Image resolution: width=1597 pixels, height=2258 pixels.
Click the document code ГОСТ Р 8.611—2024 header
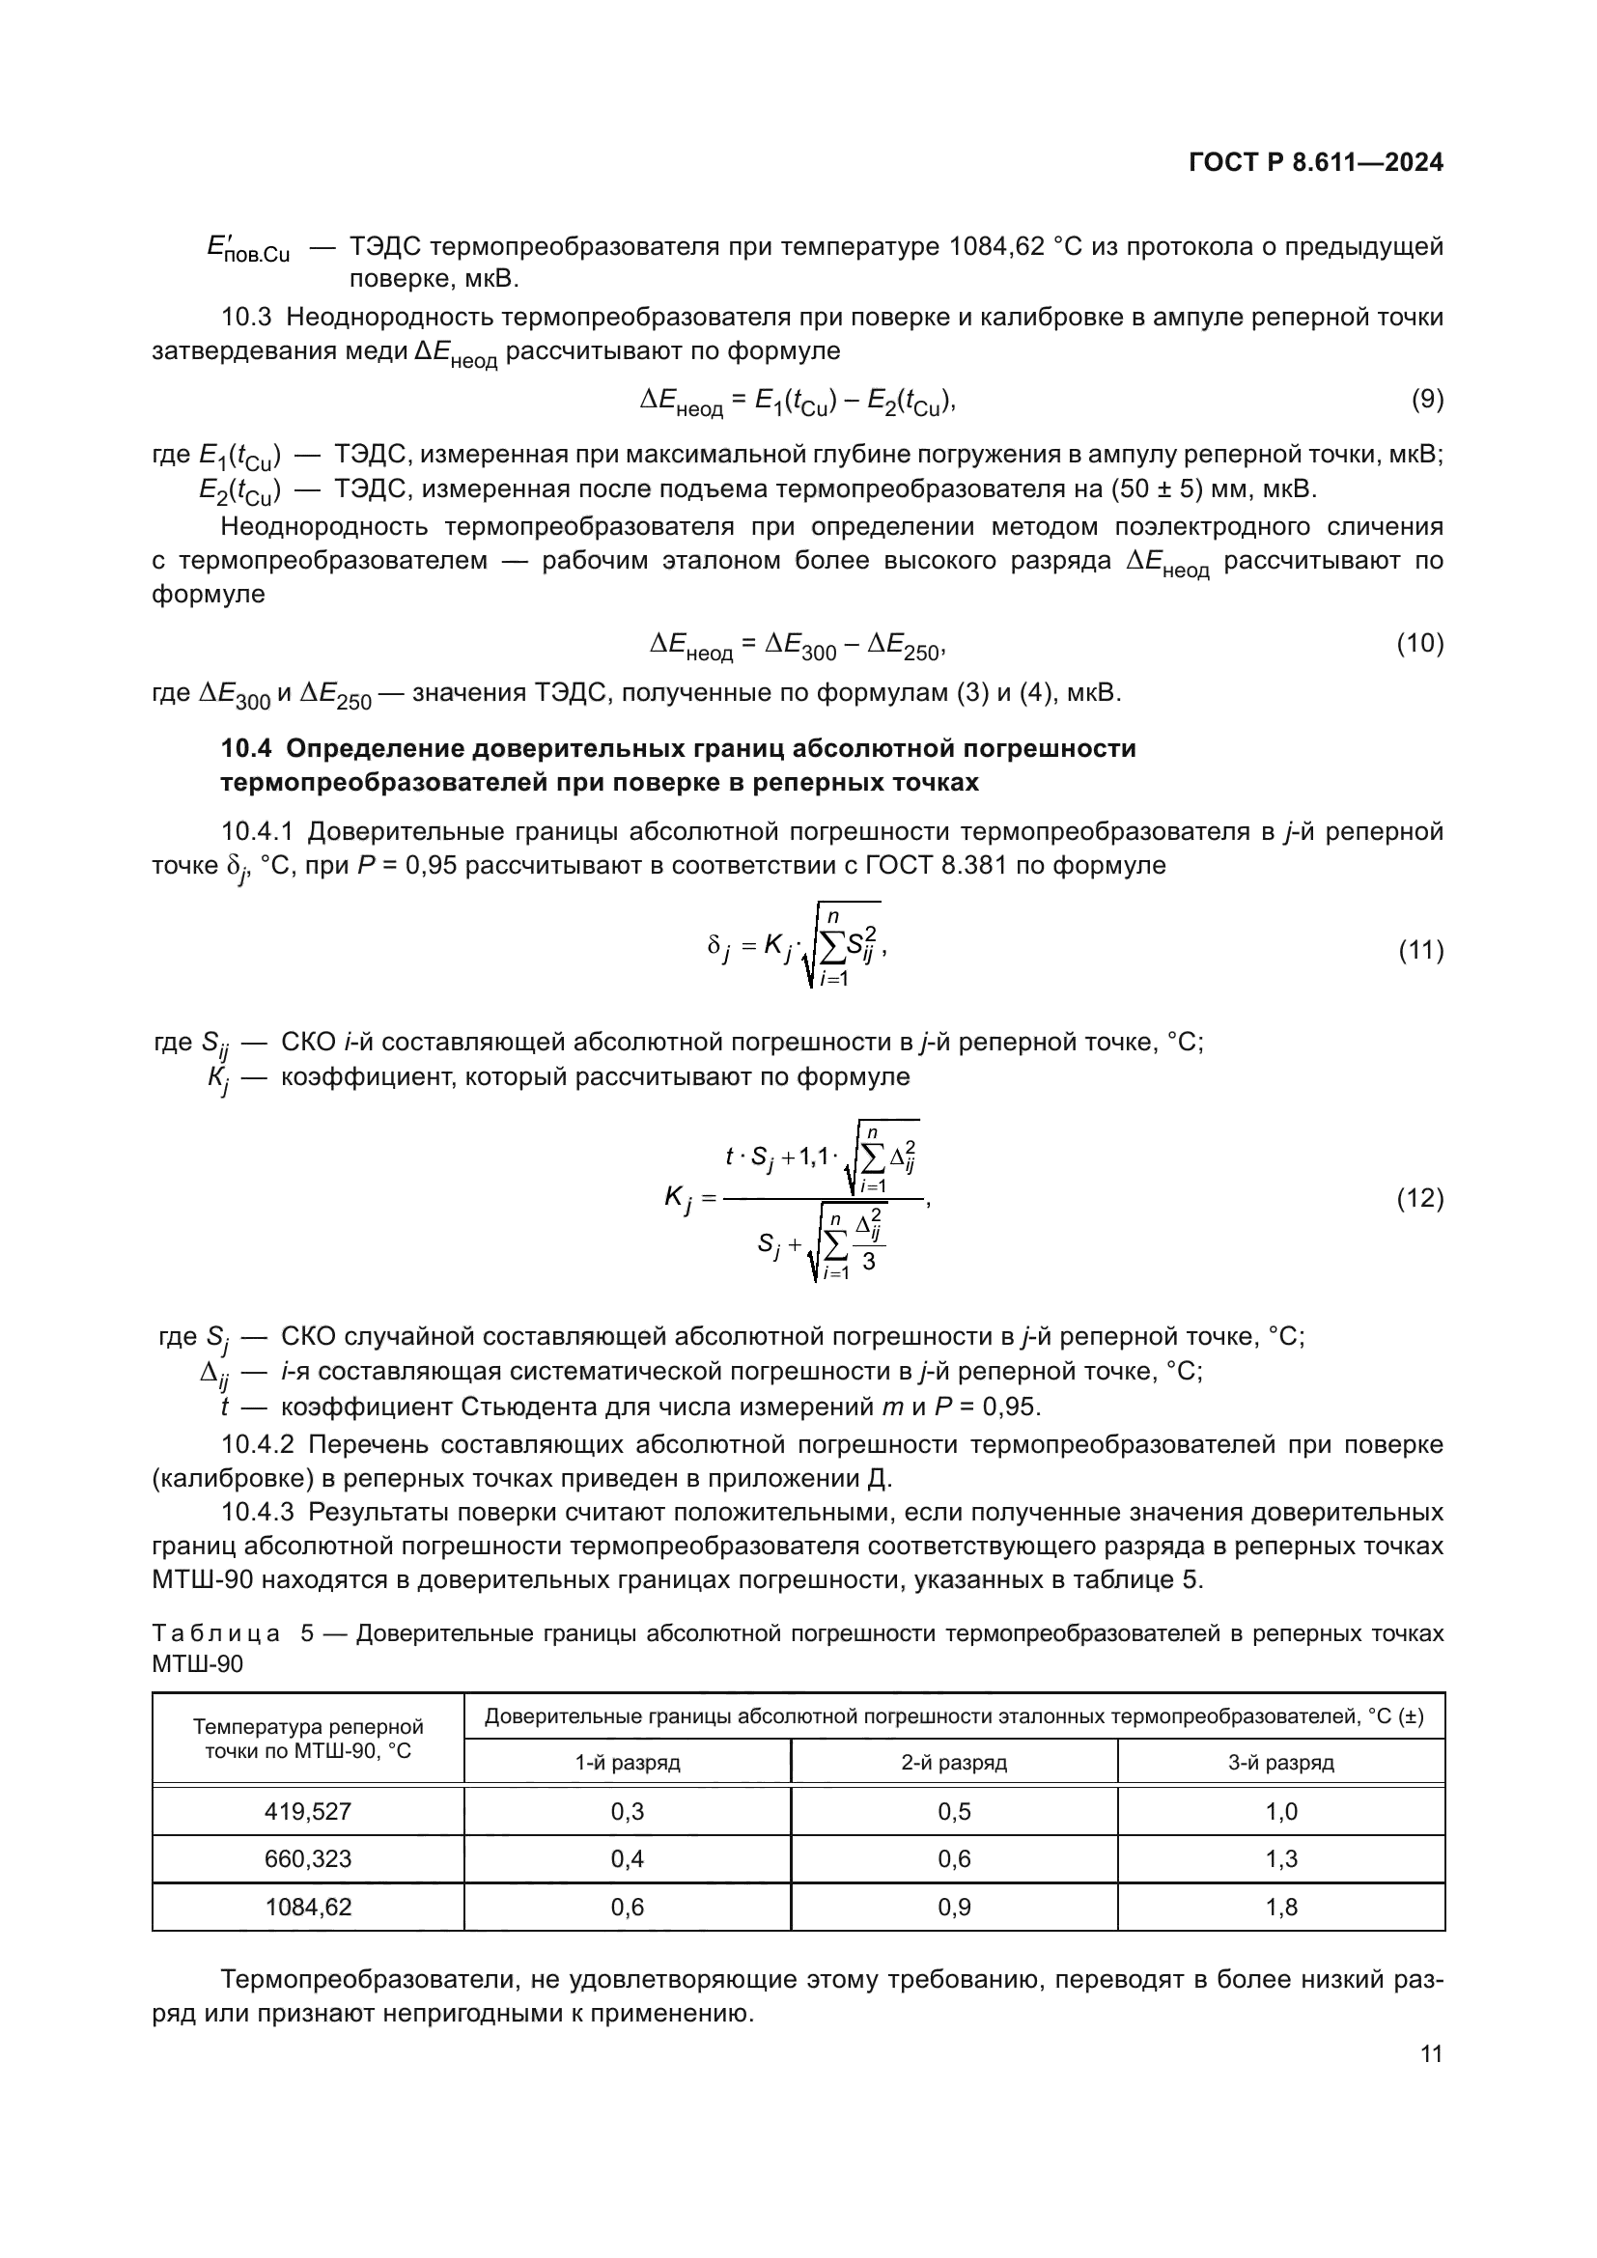point(1316,162)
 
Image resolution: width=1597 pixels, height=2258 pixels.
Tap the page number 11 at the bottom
point(1431,2053)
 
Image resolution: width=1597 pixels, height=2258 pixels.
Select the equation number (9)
point(1427,400)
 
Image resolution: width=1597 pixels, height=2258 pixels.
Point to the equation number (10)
point(1420,643)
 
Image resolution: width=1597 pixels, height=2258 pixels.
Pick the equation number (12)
point(1420,1198)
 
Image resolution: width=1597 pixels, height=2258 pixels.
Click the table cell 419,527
point(308,1810)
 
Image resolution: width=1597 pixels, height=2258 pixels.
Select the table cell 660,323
point(308,1858)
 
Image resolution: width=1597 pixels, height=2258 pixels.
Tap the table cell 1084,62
point(308,1907)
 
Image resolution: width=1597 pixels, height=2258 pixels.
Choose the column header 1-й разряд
point(628,1762)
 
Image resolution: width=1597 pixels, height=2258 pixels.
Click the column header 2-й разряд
point(954,1762)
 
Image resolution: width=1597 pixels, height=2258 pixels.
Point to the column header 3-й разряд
point(1280,1762)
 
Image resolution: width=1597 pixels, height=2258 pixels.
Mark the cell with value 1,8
point(1280,1907)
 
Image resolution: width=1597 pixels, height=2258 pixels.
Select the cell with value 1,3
point(1280,1858)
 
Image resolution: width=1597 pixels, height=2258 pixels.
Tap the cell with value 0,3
point(628,1810)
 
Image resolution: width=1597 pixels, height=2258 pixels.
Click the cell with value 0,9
point(954,1907)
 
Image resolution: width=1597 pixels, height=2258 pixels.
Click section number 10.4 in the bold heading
point(245,748)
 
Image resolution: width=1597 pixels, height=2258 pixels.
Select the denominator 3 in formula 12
point(868,1261)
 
